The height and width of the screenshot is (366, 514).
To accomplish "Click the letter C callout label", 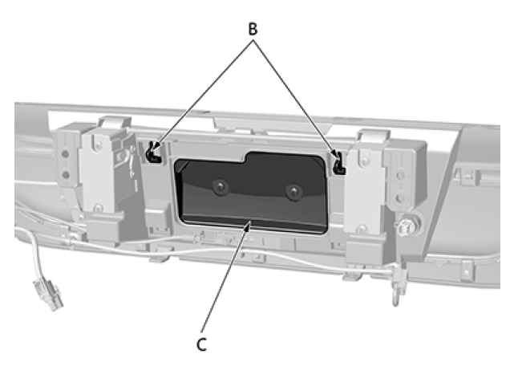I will point(202,345).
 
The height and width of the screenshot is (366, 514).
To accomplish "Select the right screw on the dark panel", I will point(294,193).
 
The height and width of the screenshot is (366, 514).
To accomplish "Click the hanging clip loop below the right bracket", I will point(395,296).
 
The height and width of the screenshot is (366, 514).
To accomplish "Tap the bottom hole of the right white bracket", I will point(370,216).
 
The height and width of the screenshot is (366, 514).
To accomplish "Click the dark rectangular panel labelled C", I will point(253,197).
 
